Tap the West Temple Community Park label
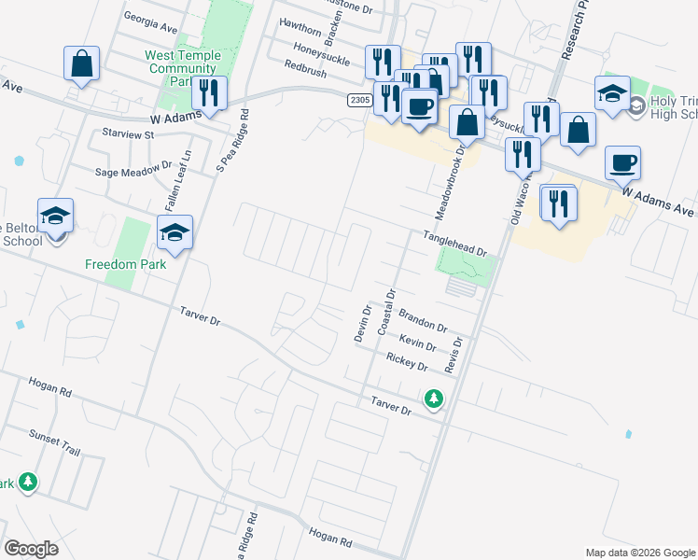pos(183,68)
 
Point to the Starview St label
pos(128,134)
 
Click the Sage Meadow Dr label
pos(134,172)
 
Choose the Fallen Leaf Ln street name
pos(172,181)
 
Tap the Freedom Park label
pos(125,264)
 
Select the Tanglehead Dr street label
pos(455,245)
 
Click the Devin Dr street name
pos(363,323)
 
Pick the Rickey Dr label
pos(406,361)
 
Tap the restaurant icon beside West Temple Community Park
pos(208,92)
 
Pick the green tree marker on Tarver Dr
pos(433,399)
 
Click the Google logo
pos(31,548)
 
